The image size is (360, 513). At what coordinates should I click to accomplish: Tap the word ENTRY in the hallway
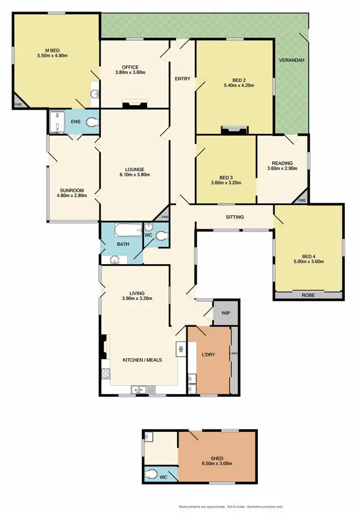pyautogui.click(x=182, y=79)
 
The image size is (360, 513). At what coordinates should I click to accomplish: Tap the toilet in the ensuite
pyautogui.click(x=92, y=123)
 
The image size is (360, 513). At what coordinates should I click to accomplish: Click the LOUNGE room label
pyautogui.click(x=135, y=169)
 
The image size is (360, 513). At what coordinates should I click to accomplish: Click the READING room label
pyautogui.click(x=282, y=162)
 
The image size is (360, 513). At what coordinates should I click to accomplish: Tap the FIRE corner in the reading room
pyautogui.click(x=302, y=200)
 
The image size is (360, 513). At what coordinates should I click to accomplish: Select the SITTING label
pyautogui.click(x=235, y=217)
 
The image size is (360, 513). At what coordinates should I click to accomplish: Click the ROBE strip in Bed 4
pyautogui.click(x=308, y=295)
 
